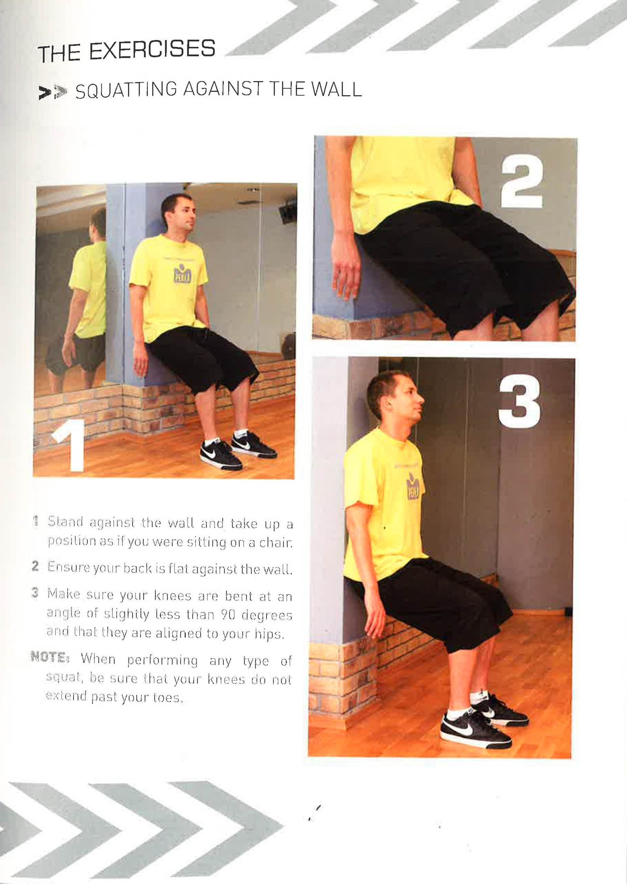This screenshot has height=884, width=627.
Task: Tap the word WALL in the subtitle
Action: pyautogui.click(x=336, y=89)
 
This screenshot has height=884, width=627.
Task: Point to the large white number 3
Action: pyautogui.click(x=519, y=402)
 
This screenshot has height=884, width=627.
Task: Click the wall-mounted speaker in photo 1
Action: pyautogui.click(x=288, y=211)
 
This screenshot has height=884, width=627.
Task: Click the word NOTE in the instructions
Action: pyautogui.click(x=49, y=657)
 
